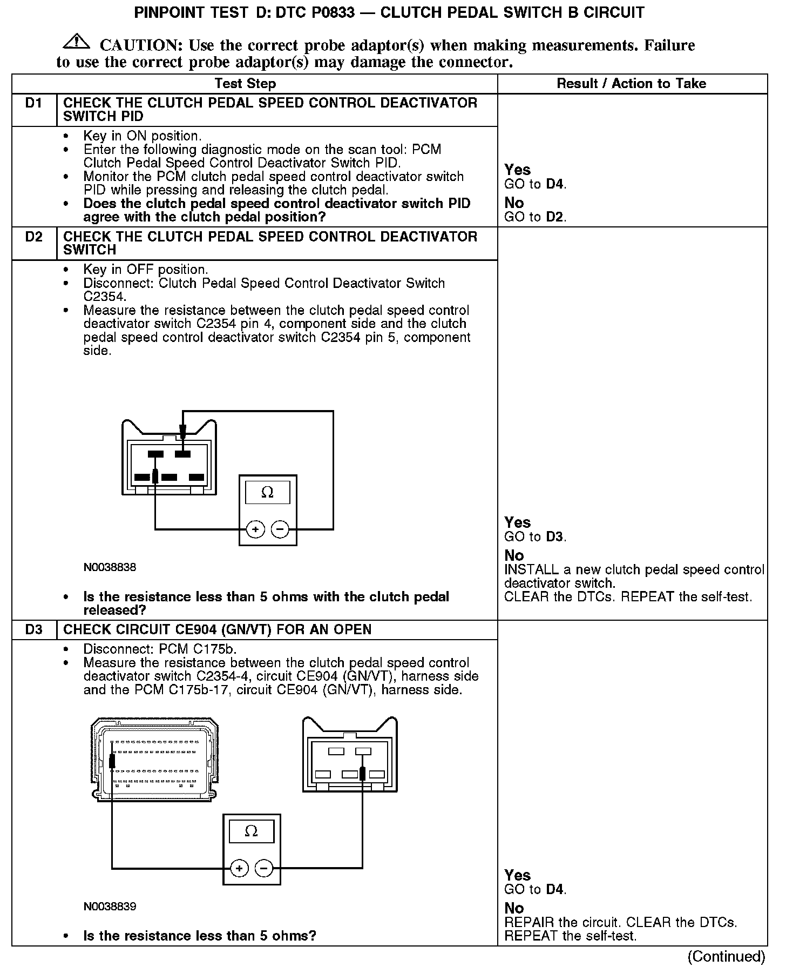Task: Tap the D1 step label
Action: click(33, 103)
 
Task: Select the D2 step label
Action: click(33, 237)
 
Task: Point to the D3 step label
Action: click(33, 629)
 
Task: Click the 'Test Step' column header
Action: click(245, 84)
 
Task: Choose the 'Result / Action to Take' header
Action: click(631, 84)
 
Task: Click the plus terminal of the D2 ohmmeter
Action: click(255, 529)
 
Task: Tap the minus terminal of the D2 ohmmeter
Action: click(280, 529)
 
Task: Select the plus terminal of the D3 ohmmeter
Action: click(239, 869)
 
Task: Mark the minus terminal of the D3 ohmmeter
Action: click(263, 869)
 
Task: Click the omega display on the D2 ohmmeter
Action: click(267, 492)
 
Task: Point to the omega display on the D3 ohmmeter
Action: click(251, 831)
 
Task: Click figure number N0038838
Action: click(110, 567)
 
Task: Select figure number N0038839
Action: click(110, 907)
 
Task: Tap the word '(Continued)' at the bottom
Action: click(726, 957)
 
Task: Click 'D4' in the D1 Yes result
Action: click(555, 184)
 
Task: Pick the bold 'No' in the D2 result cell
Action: click(514, 555)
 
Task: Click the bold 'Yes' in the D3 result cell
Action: click(517, 875)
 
